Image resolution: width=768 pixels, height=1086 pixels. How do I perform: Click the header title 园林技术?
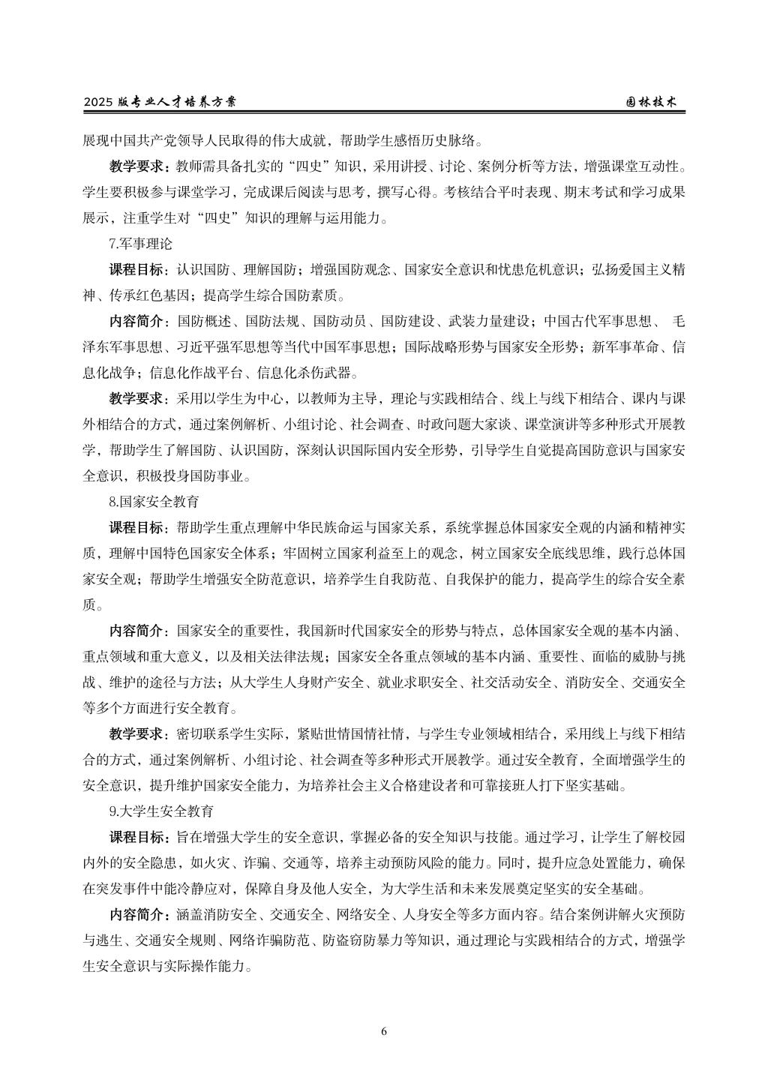[x=652, y=102]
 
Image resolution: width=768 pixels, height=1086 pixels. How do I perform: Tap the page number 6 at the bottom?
[x=384, y=1030]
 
